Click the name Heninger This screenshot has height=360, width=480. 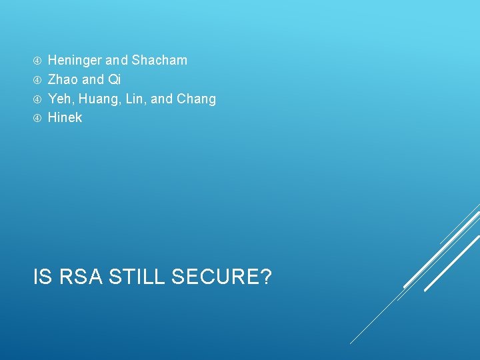tap(75, 60)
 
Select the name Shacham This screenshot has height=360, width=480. tap(159, 60)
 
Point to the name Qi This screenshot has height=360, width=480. tap(114, 79)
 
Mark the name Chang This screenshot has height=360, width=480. tap(196, 99)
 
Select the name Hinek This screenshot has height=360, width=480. tap(65, 117)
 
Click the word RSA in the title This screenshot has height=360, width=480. tap(80, 276)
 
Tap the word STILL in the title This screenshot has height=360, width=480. tap(136, 276)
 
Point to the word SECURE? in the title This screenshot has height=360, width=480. tap(221, 276)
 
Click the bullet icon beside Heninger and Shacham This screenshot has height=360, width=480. tap(37, 61)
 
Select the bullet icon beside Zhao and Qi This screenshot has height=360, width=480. tap(37, 80)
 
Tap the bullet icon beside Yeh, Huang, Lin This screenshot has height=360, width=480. tap(37, 99)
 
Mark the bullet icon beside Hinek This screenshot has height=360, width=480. tap(37, 118)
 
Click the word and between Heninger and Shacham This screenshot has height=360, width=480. tap(117, 60)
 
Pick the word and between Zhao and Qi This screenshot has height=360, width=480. tap(93, 79)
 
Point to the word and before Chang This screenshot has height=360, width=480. tap(162, 99)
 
